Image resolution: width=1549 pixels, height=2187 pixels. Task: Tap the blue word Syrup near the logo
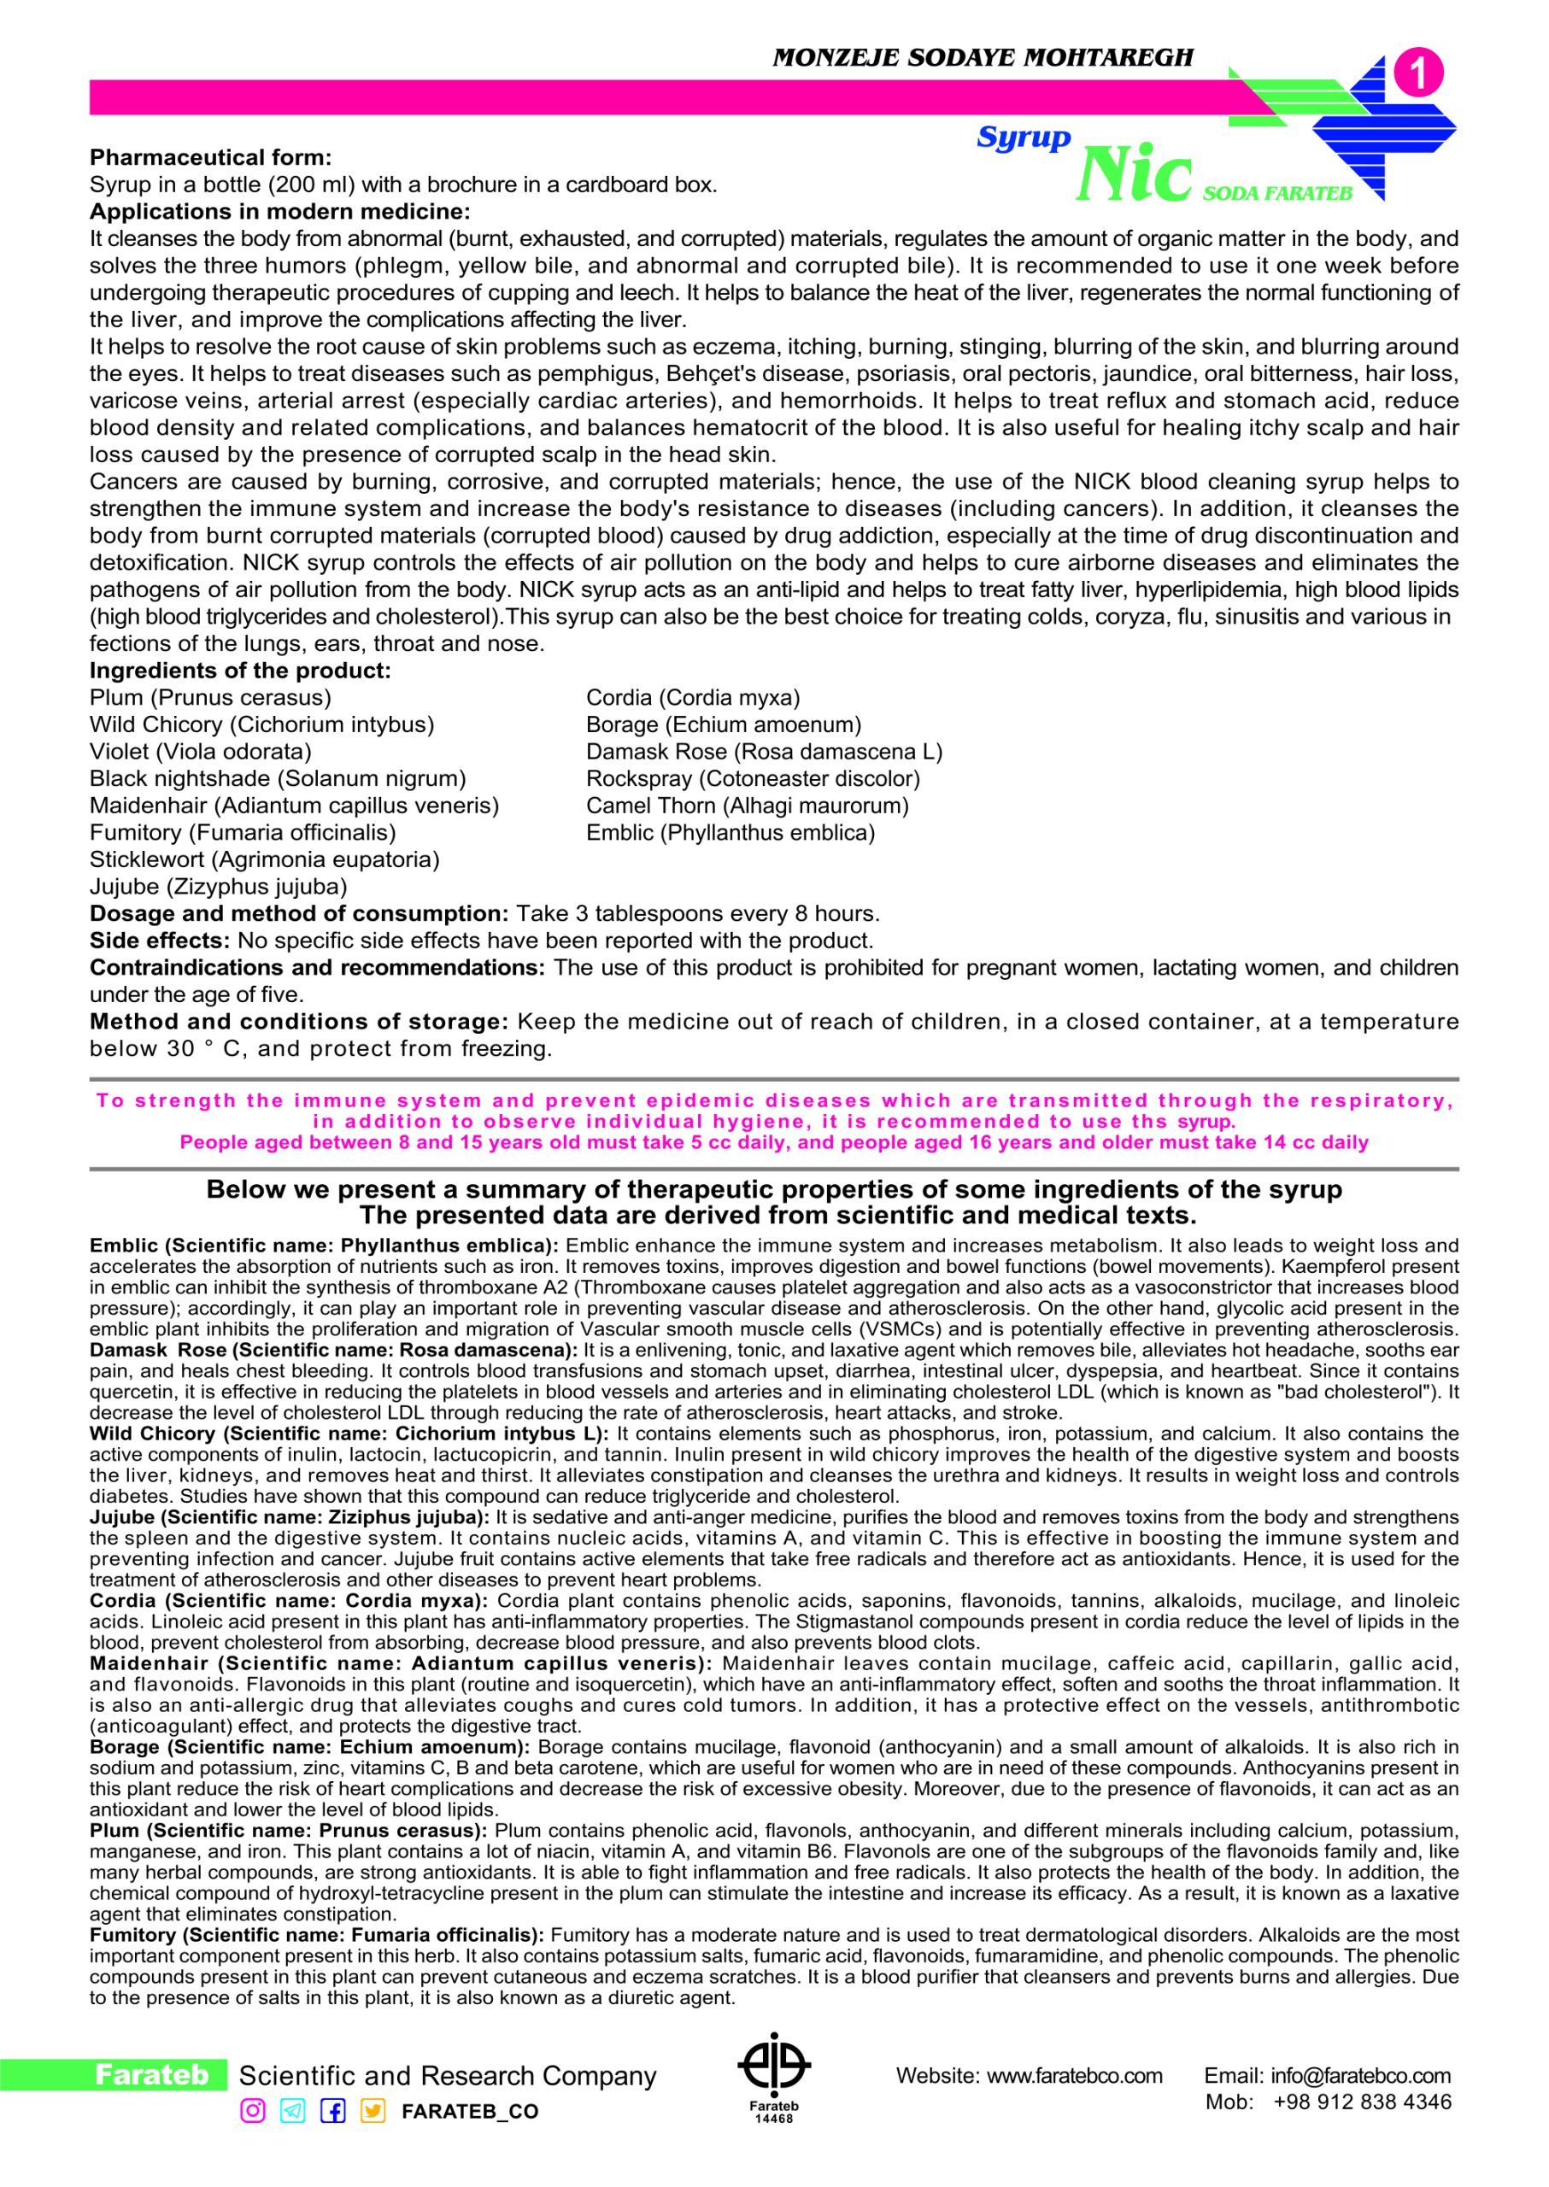(1024, 138)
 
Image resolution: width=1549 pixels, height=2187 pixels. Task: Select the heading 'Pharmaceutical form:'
(211, 157)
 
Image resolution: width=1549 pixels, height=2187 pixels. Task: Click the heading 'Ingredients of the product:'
(240, 671)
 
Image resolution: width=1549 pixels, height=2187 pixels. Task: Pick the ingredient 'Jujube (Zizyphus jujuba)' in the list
(218, 887)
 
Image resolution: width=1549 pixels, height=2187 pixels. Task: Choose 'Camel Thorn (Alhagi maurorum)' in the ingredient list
(747, 806)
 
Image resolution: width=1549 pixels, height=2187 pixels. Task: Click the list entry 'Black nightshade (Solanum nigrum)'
(278, 778)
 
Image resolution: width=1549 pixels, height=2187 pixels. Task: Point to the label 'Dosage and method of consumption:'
(300, 914)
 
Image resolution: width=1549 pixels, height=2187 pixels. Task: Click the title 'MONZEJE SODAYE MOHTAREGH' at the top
(983, 58)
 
